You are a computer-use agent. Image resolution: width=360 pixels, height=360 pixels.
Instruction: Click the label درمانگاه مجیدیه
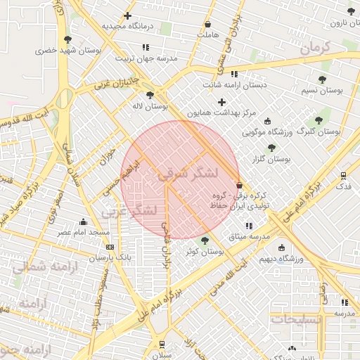pos(129,26)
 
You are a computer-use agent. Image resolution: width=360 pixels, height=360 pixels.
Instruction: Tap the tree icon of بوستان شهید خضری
pos(67,39)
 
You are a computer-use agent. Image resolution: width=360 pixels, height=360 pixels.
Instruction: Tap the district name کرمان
pos(314,48)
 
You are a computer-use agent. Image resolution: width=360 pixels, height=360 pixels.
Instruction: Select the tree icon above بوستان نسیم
pos(322,79)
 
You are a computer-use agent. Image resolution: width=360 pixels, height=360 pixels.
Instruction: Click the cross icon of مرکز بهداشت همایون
pos(221,103)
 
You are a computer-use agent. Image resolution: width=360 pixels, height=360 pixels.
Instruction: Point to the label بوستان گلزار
pos(271,159)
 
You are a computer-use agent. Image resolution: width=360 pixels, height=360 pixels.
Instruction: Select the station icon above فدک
pos(343,175)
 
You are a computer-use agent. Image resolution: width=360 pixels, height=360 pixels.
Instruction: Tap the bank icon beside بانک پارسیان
pos(110,247)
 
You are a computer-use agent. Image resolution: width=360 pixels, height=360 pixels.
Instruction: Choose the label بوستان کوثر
pos(205,251)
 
